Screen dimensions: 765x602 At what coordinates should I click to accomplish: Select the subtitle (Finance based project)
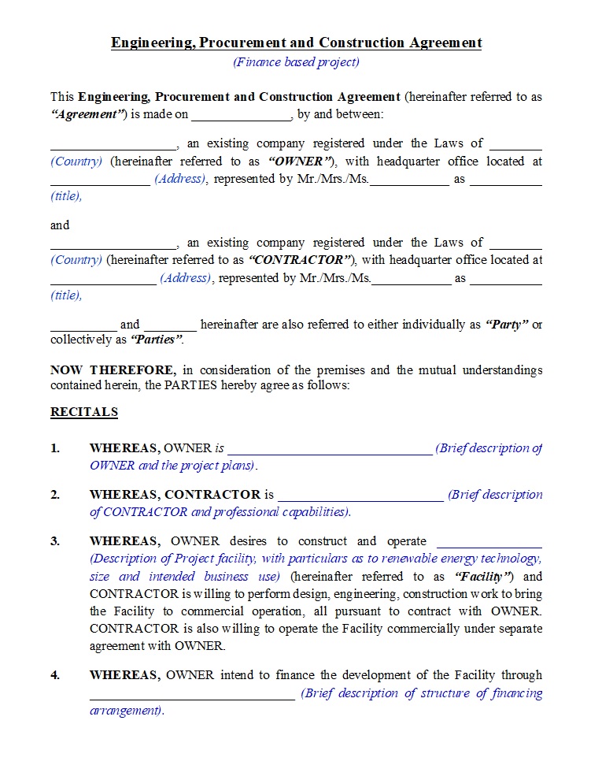[296, 62]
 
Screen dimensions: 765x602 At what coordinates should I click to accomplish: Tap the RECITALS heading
[84, 412]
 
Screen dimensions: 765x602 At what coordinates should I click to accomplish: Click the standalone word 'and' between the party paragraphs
[60, 225]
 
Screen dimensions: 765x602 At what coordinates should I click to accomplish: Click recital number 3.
[55, 541]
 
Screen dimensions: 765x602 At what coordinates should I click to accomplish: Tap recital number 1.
[55, 448]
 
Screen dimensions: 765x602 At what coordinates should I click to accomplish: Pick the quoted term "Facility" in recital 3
[484, 577]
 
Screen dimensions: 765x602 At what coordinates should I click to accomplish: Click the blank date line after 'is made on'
[241, 115]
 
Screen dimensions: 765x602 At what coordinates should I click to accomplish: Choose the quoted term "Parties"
[157, 340]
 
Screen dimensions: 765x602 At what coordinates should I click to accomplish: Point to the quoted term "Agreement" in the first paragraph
[89, 115]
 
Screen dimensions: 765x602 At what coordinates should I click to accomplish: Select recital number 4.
[55, 675]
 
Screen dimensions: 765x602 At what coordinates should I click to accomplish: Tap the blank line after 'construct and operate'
[489, 542]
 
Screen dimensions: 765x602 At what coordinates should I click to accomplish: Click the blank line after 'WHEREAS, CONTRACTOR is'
[360, 496]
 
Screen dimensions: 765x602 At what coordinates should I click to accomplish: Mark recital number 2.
[55, 495]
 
